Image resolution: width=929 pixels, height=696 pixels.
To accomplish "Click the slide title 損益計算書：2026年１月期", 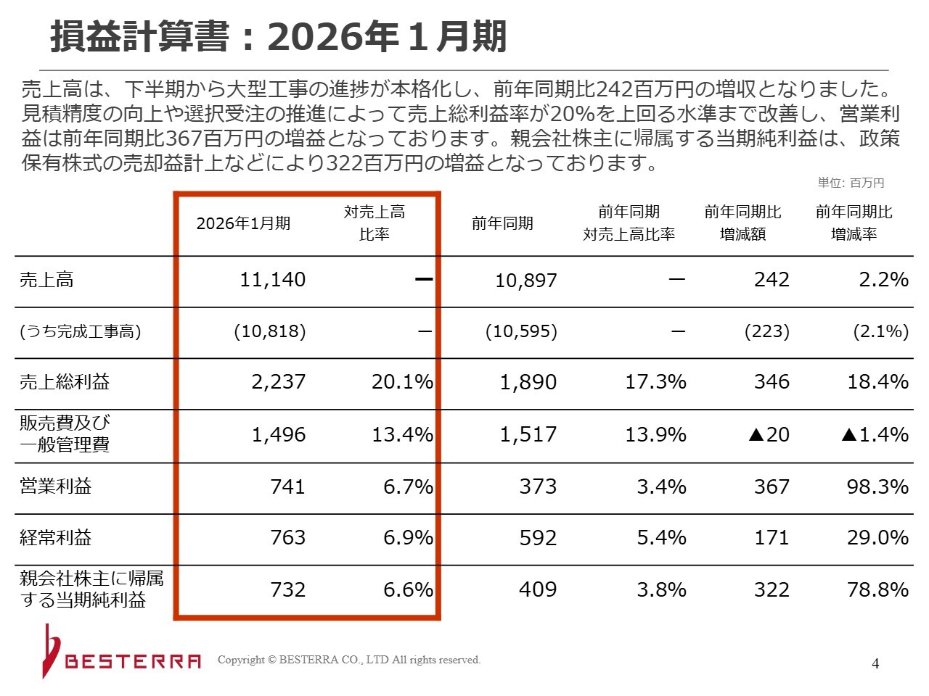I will (278, 37).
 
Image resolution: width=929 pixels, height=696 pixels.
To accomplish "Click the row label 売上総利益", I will (65, 382).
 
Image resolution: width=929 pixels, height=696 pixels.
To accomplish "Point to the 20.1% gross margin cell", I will (401, 382).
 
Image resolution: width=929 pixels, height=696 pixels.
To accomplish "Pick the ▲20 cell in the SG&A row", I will (769, 435).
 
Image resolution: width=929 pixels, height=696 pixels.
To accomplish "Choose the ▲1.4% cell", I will (875, 435).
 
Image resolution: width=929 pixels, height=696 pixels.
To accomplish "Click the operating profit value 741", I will (287, 486).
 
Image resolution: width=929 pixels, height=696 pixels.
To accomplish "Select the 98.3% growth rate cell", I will (877, 486).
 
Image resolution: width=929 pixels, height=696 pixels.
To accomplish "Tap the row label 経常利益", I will (55, 538).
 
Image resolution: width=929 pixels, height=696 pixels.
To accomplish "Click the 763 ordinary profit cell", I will (287, 538).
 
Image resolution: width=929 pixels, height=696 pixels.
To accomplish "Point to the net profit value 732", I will (287, 589).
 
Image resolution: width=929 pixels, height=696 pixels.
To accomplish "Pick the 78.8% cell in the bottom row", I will (877, 589).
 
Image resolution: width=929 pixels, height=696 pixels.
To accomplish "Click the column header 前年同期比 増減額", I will (742, 223).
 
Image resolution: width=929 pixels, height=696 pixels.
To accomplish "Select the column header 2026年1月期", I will (243, 223).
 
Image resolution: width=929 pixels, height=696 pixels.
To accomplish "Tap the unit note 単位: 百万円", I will (851, 183).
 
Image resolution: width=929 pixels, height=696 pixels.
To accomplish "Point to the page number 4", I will (875, 664).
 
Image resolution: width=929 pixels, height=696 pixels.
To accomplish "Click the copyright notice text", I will (349, 660).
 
